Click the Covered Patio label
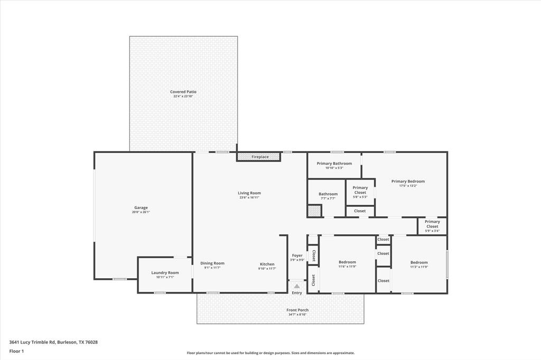183,92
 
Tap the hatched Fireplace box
258,157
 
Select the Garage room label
141,208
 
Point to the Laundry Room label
165,273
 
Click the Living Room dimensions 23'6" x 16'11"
249,197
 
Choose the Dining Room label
212,263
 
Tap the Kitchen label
267,264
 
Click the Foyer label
297,255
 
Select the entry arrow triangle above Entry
297,286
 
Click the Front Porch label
297,310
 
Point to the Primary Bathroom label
334,164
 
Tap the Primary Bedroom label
408,182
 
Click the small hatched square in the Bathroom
314,211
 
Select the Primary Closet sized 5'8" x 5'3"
360,190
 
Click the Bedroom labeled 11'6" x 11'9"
347,262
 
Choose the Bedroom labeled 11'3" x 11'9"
419,262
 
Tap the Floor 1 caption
17,351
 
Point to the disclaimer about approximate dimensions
270,353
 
